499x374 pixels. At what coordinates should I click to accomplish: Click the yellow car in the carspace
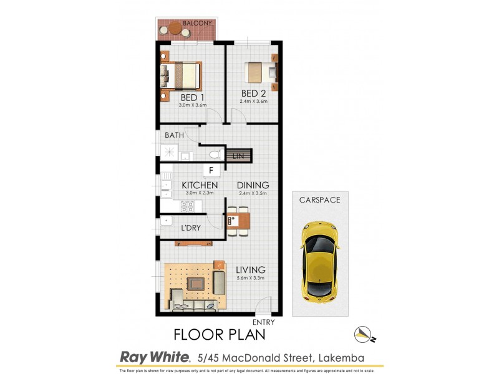pyautogui.click(x=320, y=262)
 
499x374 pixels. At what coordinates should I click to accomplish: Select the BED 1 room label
pyautogui.click(x=192, y=98)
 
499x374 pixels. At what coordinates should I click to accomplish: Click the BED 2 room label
pyautogui.click(x=254, y=94)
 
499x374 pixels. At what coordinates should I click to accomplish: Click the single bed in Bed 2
pyautogui.click(x=258, y=72)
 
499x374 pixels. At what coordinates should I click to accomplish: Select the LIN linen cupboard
pyautogui.click(x=238, y=156)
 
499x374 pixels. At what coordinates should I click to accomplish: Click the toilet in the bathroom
pyautogui.click(x=213, y=154)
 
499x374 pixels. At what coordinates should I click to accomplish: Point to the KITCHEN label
pyautogui.click(x=200, y=185)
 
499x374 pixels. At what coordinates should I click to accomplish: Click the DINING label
pyautogui.click(x=253, y=185)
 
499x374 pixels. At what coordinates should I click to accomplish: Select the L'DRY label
pyautogui.click(x=191, y=228)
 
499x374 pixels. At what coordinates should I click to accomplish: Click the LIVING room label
pyautogui.click(x=251, y=270)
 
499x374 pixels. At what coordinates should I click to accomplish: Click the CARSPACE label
pyautogui.click(x=320, y=201)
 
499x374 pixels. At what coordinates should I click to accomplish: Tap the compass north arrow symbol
pyautogui.click(x=364, y=333)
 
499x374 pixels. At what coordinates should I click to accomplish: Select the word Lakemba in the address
pyautogui.click(x=341, y=357)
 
